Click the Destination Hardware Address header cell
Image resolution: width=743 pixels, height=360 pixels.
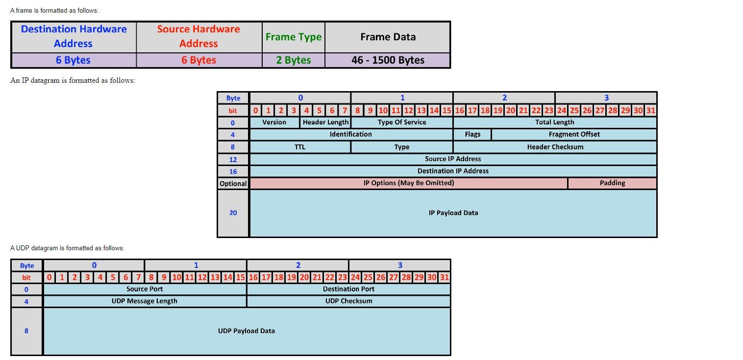[74, 36]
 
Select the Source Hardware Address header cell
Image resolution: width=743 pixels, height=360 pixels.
[198, 36]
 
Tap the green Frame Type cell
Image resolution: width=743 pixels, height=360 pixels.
[293, 37]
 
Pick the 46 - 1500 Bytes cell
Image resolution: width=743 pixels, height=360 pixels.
[388, 60]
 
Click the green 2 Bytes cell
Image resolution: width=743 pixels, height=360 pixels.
[293, 60]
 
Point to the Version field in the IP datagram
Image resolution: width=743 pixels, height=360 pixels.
[274, 122]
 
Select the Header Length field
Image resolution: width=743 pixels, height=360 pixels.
[325, 122]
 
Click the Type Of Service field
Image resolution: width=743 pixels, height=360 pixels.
[402, 122]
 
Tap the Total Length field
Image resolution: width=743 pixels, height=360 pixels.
[554, 122]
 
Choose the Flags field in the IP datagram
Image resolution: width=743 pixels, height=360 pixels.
[472, 134]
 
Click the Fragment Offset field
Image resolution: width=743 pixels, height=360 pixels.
[574, 134]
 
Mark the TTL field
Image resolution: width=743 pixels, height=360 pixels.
[300, 147]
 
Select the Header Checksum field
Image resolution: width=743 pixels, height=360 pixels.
[555, 147]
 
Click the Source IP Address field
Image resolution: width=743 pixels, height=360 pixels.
[453, 159]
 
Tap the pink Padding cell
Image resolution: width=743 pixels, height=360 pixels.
[612, 183]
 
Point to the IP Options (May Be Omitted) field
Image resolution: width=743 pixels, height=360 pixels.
[408, 183]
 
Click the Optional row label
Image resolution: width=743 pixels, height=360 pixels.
[233, 184]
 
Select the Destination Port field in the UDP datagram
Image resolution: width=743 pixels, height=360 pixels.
[348, 289]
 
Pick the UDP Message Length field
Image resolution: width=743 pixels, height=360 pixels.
[145, 301]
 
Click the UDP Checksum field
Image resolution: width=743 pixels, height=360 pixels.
[348, 301]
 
